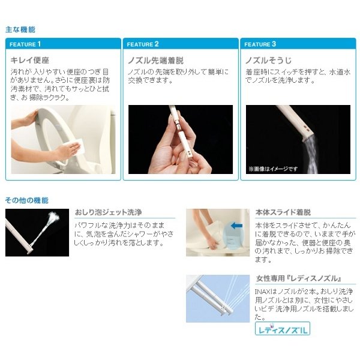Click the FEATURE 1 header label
(x=25, y=44)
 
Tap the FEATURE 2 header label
(x=143, y=44)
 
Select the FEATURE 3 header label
(x=260, y=44)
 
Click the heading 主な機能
(x=20, y=29)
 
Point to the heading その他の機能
(x=26, y=200)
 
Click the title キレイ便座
(x=30, y=61)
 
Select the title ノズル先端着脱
(x=155, y=61)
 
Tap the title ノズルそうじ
(x=268, y=61)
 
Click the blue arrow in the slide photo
(x=236, y=226)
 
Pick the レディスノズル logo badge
(x=283, y=329)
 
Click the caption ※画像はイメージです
(x=273, y=169)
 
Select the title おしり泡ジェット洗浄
(x=108, y=212)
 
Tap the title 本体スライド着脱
(x=283, y=212)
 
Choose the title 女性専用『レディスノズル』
(x=298, y=278)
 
